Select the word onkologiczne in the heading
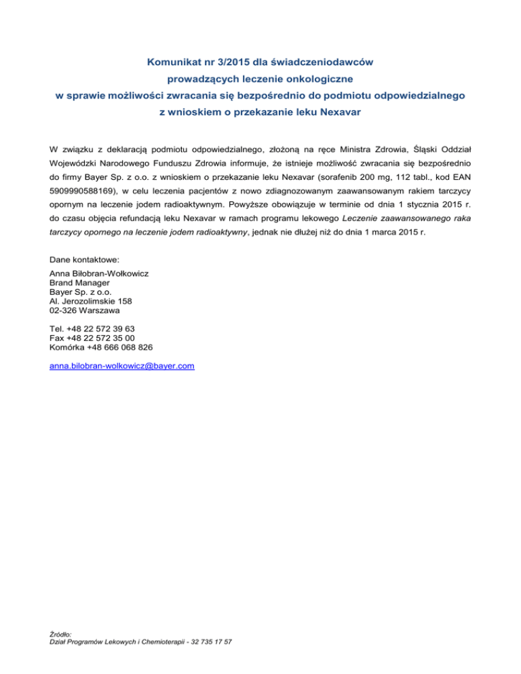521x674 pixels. click(317, 79)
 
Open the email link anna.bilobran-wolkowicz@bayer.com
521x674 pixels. click(122, 365)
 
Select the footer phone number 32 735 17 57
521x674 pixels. click(206, 642)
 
